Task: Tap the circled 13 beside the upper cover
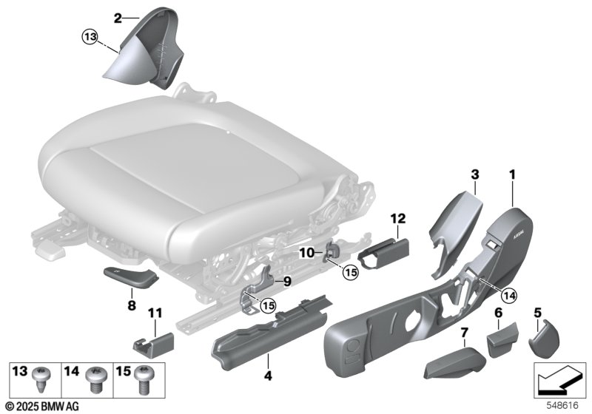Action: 90,36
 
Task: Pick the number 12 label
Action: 399,218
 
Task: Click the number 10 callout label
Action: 306,253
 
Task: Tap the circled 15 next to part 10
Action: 350,272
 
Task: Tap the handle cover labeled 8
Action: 129,277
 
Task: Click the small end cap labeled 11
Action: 153,343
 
